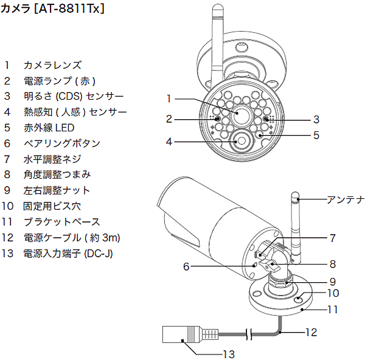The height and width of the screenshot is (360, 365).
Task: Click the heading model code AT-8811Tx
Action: tap(72, 10)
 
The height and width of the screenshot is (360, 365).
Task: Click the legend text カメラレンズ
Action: tap(52, 64)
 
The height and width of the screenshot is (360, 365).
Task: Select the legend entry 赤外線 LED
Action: tap(48, 128)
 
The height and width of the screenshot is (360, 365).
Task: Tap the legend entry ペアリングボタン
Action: tap(61, 144)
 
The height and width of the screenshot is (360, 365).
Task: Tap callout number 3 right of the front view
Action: tap(316, 119)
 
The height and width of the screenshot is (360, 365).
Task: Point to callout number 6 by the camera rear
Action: tap(187, 266)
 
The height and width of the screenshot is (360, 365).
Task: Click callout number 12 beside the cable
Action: tap(311, 332)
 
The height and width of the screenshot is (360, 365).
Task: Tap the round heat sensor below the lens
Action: tap(241, 140)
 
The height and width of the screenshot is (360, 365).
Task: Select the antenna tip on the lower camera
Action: tap(294, 197)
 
